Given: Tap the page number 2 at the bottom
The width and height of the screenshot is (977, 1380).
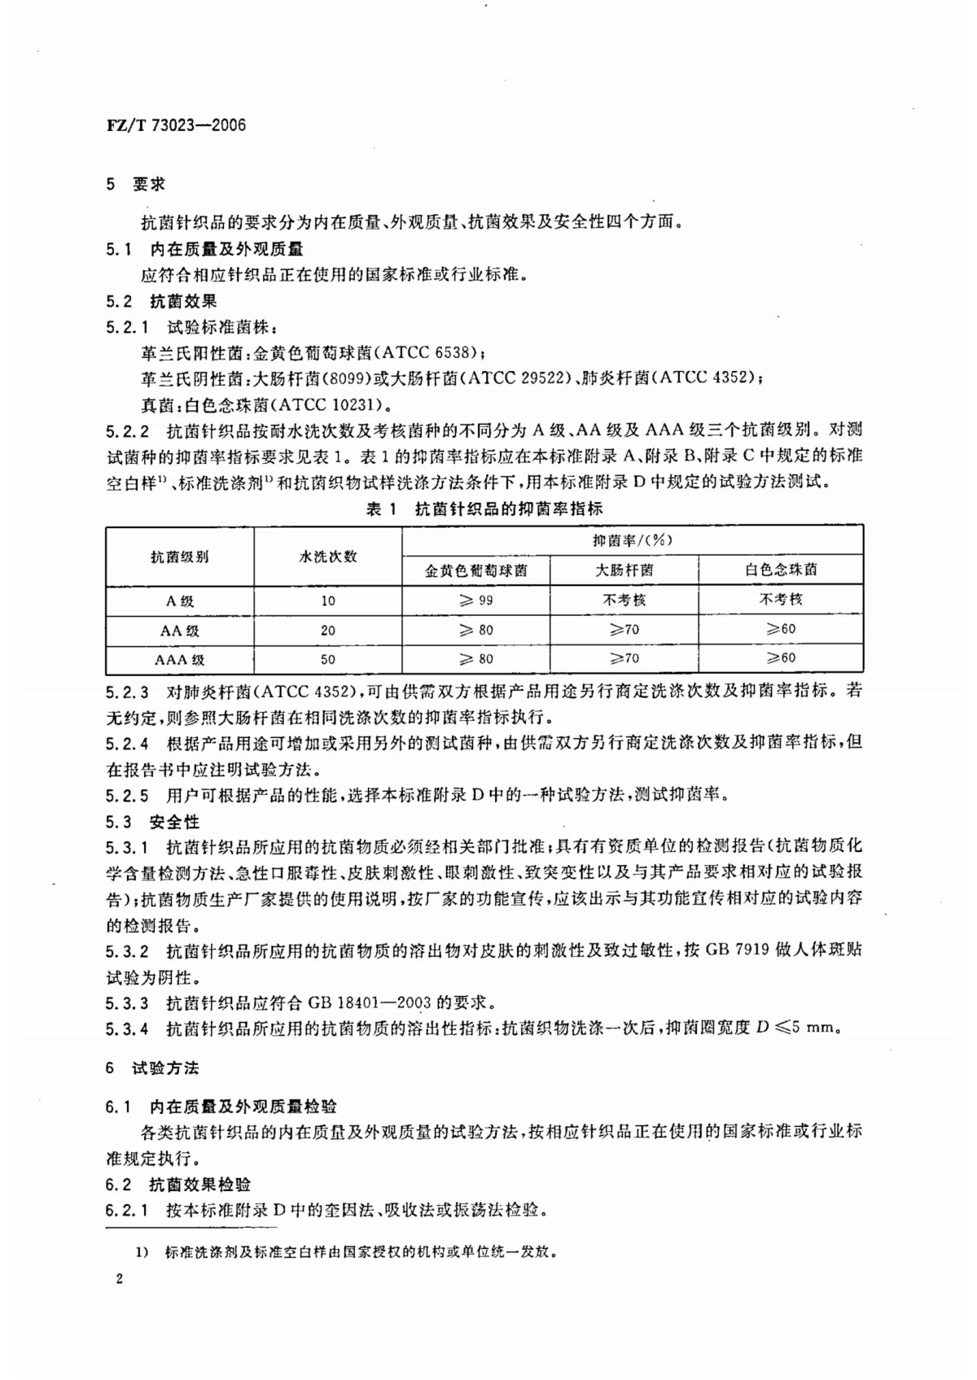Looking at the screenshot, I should (120, 1281).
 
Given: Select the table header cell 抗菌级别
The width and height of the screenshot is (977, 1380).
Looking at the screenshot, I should (179, 557).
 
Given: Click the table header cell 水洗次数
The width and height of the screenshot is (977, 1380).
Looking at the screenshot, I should (327, 557).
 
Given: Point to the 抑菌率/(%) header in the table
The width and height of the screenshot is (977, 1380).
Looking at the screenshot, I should (632, 540).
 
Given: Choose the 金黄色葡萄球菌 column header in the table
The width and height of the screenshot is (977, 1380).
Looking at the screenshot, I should (475, 570).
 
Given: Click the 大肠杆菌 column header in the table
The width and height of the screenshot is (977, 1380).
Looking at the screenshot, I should (624, 570).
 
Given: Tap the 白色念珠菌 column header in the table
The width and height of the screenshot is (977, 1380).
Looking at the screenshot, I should (781, 570).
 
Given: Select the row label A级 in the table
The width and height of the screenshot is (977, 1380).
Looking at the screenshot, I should (179, 601).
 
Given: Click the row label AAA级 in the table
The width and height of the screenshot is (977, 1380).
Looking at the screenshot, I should (179, 660).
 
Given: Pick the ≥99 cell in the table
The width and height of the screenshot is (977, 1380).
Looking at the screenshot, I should (475, 600).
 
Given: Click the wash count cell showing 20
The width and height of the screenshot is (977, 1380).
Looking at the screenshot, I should (327, 631).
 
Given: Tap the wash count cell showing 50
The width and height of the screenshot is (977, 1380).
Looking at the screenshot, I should (327, 660).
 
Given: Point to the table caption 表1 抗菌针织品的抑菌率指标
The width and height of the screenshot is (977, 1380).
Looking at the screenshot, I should (484, 509).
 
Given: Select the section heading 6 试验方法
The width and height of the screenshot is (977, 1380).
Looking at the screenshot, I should (152, 1068).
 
